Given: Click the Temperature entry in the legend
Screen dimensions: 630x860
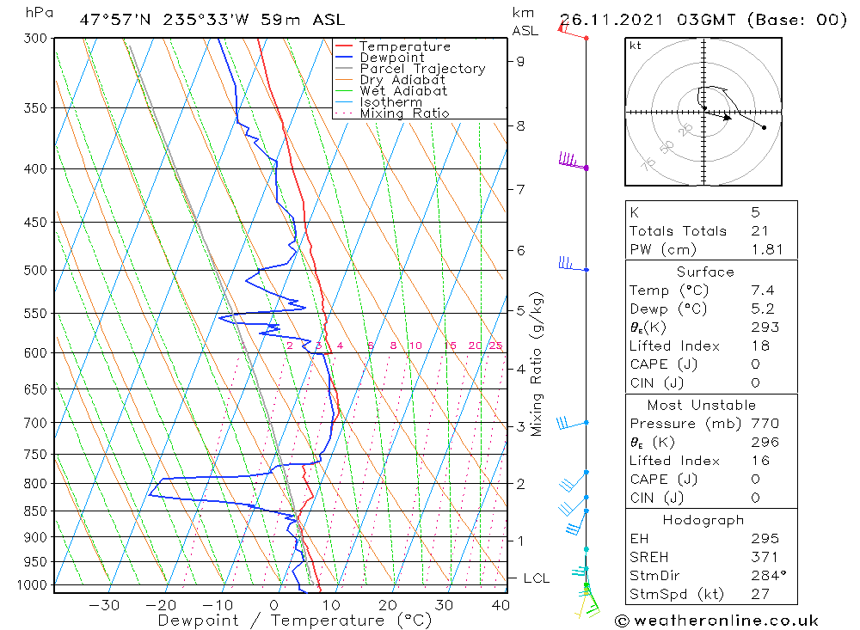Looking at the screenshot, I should click(404, 46).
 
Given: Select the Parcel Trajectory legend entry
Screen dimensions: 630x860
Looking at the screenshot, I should click(422, 69).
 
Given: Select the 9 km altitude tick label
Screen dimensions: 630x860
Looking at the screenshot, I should click(521, 61).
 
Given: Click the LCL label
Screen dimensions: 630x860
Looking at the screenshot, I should click(536, 578).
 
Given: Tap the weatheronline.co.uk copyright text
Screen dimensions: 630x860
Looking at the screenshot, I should click(716, 621).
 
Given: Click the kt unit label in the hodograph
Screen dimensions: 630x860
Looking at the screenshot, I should click(636, 46).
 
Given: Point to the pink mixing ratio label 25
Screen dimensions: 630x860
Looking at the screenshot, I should click(495, 346).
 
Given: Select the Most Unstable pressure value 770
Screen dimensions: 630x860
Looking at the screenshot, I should click(763, 424).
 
